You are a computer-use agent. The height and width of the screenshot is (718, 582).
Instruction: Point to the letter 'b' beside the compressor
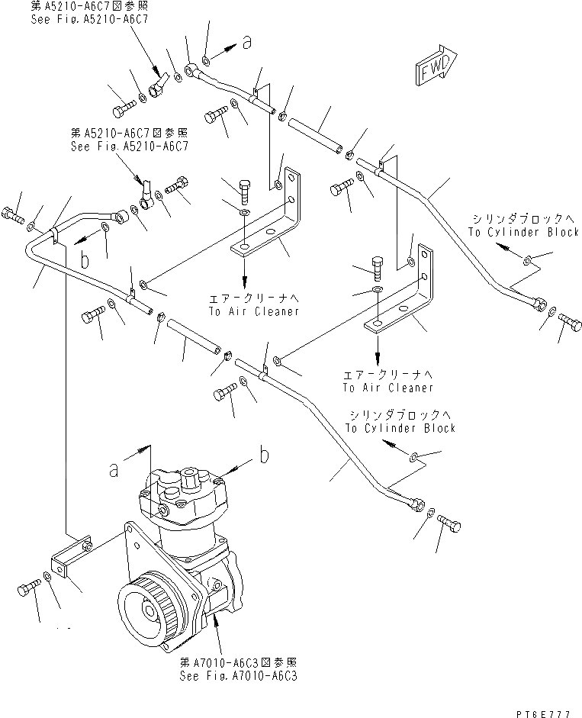[x=264, y=456]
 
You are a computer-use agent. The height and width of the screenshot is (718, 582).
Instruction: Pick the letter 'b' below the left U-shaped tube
[x=85, y=261]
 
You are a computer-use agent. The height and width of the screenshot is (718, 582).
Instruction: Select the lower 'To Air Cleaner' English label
[x=387, y=388]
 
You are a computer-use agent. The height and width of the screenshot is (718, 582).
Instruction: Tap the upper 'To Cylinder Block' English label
[x=523, y=232]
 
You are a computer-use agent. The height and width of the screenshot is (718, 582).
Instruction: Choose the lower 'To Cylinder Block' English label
[x=400, y=428]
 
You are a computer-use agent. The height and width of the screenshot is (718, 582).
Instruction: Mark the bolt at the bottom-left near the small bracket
[x=28, y=588]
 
